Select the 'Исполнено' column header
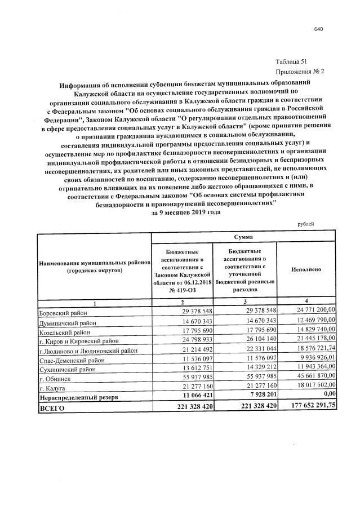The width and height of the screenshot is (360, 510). click(306, 269)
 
